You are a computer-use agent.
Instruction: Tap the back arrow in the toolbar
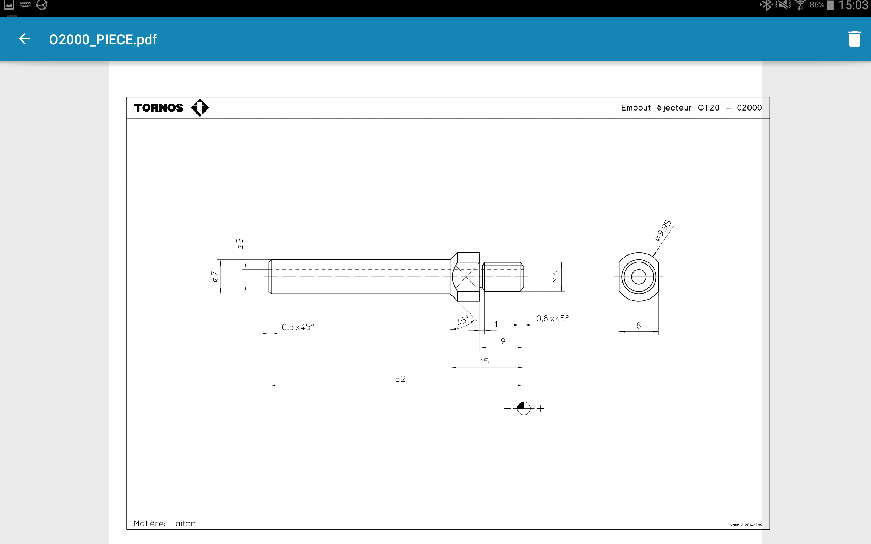click(x=24, y=39)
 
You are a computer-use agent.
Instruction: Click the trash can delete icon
click(x=854, y=39)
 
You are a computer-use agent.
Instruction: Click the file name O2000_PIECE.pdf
click(x=103, y=39)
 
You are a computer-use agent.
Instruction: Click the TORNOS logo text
click(x=159, y=107)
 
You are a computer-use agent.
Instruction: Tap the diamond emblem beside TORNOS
click(x=200, y=107)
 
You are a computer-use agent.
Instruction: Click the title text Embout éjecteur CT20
click(x=670, y=107)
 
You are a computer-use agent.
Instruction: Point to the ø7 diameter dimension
click(x=215, y=276)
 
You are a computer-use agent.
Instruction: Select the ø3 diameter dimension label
click(x=240, y=243)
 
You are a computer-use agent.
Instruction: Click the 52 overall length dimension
click(x=400, y=379)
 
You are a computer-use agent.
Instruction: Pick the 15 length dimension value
click(x=484, y=361)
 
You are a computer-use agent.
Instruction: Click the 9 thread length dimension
click(x=503, y=341)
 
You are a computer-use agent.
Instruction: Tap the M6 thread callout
click(x=555, y=277)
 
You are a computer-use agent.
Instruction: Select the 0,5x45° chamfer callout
click(x=298, y=327)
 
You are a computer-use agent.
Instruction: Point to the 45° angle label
click(x=463, y=320)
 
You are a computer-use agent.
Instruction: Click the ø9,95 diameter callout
click(x=663, y=230)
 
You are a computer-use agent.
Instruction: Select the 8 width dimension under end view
click(x=639, y=325)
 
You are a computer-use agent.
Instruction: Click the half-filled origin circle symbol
click(x=523, y=408)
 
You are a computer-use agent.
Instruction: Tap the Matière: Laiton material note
click(x=164, y=523)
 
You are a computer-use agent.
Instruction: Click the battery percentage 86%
click(x=817, y=5)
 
